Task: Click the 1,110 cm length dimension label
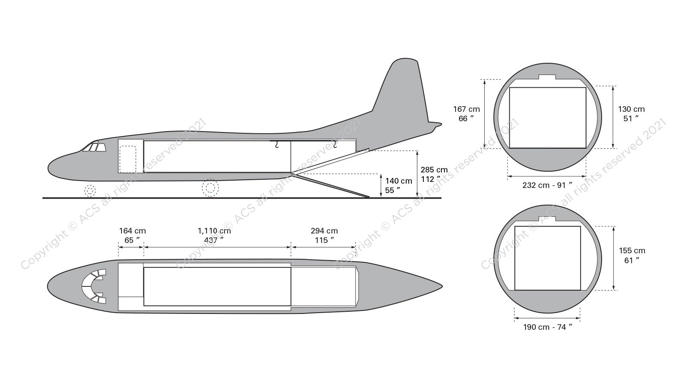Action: pos(214,236)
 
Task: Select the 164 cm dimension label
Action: pos(132,236)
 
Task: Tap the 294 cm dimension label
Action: pos(324,236)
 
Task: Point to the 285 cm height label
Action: pos(434,174)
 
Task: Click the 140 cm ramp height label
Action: pos(398,185)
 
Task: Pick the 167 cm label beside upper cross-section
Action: pos(466,114)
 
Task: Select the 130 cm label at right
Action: pos(631,114)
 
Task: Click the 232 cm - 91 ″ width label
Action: pos(547,185)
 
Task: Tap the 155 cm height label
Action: pos(632,255)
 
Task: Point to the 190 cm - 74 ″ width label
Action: pos(547,327)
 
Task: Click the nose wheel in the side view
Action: pos(90,190)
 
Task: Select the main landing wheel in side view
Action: pos(210,188)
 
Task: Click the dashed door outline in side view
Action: pos(128,159)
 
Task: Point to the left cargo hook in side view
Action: pos(277,145)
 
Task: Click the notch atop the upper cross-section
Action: pos(547,77)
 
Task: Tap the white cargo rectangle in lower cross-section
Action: pos(547,258)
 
